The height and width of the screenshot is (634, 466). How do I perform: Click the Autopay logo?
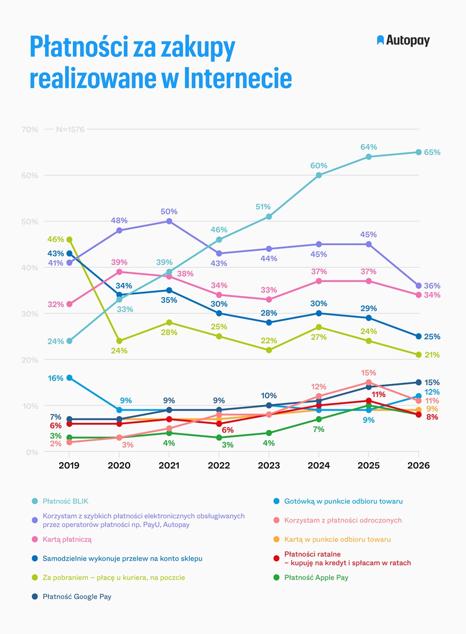pyautogui.click(x=403, y=40)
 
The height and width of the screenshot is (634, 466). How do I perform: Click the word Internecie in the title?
pyautogui.click(x=238, y=78)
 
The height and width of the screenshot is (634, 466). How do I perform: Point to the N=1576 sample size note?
pyautogui.click(x=70, y=129)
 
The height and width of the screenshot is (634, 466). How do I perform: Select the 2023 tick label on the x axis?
pyautogui.click(x=268, y=466)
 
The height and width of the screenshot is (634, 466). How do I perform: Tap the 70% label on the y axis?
pyautogui.click(x=30, y=129)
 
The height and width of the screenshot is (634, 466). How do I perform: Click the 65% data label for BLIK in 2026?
pyautogui.click(x=432, y=152)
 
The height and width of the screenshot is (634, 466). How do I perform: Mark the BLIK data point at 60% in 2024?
pyautogui.click(x=318, y=175)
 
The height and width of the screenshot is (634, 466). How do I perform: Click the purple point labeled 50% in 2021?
pyautogui.click(x=169, y=221)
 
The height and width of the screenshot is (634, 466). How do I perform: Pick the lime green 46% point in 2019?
pyautogui.click(x=69, y=239)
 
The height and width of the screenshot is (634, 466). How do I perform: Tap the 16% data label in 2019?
pyautogui.click(x=55, y=378)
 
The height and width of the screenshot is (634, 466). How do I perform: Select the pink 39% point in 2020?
pyautogui.click(x=119, y=272)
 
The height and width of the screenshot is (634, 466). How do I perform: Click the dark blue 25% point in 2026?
pyautogui.click(x=418, y=336)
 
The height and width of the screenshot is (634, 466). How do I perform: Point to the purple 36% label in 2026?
pyautogui.click(x=432, y=285)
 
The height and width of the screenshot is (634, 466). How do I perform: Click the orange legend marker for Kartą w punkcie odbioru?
pyautogui.click(x=276, y=539)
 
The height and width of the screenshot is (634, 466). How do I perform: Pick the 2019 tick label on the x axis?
pyautogui.click(x=69, y=466)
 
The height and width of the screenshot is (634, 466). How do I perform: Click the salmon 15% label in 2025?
pyautogui.click(x=368, y=372)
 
